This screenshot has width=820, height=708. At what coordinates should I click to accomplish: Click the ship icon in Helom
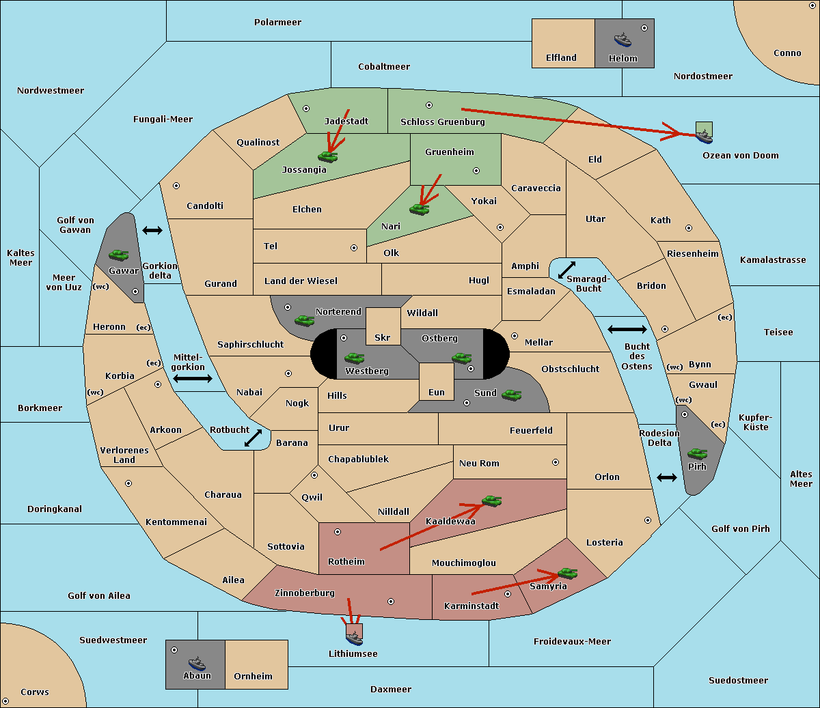(x=623, y=40)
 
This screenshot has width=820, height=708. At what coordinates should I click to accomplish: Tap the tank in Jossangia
(x=328, y=156)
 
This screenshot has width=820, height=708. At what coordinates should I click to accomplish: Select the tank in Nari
(x=420, y=209)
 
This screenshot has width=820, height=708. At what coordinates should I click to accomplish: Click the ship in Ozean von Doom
(x=704, y=137)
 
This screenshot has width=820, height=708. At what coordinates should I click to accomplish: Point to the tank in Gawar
(x=119, y=255)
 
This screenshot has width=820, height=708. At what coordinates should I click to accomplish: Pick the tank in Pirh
(x=697, y=453)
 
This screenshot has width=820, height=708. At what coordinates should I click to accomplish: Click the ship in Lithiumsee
(x=354, y=638)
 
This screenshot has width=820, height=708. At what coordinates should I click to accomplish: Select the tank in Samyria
(x=567, y=573)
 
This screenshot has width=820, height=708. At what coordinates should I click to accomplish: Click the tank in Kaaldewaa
(x=491, y=500)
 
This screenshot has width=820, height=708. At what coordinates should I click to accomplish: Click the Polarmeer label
(x=277, y=23)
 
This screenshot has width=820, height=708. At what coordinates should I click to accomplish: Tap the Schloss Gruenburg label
(x=443, y=122)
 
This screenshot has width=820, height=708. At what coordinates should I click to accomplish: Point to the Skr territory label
(x=383, y=337)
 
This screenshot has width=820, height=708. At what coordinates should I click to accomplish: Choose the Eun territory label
(x=437, y=392)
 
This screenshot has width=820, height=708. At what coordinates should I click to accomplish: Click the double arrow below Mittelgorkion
(x=193, y=378)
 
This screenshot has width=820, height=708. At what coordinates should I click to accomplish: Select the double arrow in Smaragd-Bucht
(x=566, y=270)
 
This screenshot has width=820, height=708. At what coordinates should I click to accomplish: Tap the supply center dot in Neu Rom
(x=556, y=462)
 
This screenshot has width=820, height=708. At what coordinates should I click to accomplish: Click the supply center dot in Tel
(x=354, y=248)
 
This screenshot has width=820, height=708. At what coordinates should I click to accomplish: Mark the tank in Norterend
(x=304, y=320)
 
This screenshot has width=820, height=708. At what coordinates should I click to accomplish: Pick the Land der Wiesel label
(x=301, y=281)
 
